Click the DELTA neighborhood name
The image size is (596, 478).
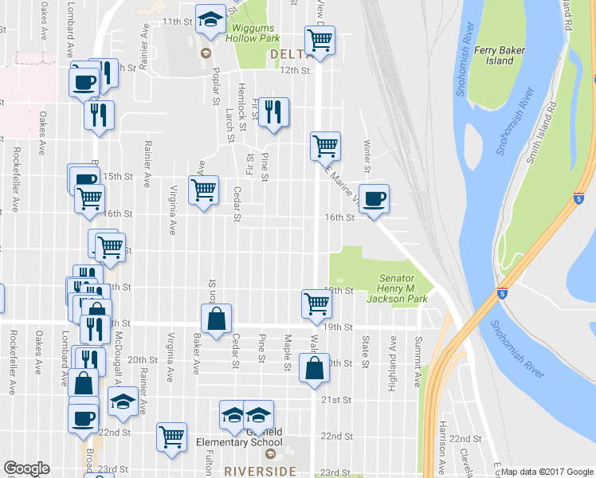289,54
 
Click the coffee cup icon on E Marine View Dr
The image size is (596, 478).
374,198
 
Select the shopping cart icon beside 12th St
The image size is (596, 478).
319,40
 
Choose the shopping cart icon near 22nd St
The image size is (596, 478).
172,436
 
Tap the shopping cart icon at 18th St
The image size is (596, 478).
316,303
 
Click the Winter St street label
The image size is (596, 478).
367,156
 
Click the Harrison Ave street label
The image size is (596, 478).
441,456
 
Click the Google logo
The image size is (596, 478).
27,468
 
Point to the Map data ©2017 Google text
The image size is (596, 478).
546,472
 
